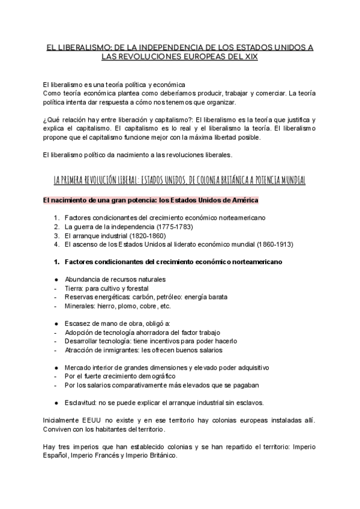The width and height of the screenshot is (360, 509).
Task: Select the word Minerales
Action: (82, 306)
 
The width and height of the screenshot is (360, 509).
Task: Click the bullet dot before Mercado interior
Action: (56, 367)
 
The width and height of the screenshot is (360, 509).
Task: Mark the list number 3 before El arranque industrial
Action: (56, 235)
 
